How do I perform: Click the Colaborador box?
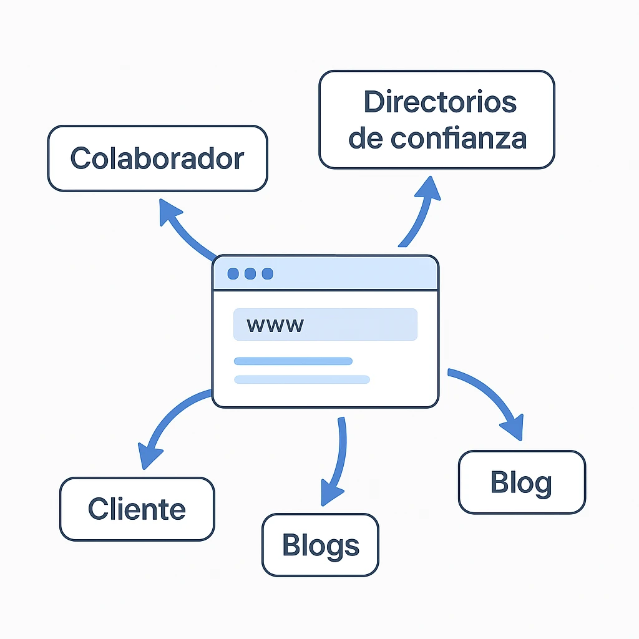pos(157,158)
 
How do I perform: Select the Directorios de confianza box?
pos(436,120)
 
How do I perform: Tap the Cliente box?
pos(137,509)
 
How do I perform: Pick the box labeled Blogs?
pos(320,545)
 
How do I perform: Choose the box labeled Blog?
pos(522,482)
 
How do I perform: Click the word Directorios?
pos(440,102)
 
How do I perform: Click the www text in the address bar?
pos(275,325)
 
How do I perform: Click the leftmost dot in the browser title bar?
pos(233,274)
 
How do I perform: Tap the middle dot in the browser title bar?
pos(250,274)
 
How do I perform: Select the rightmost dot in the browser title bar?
pos(267,274)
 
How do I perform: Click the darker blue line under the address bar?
pos(293,361)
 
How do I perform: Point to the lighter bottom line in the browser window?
pos(301,379)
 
